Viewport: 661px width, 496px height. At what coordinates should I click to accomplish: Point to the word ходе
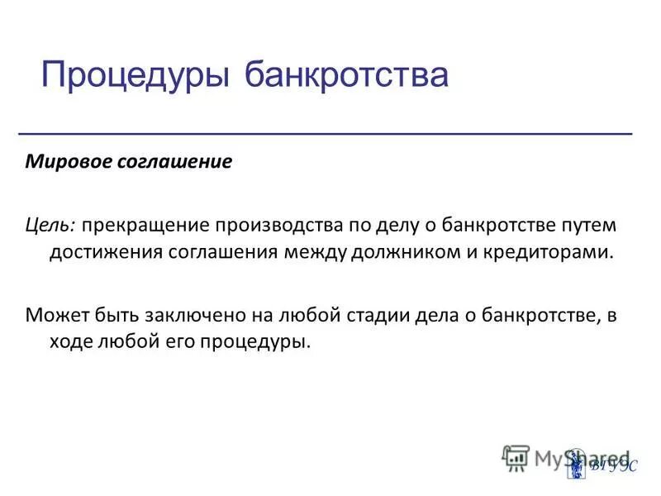click(69, 341)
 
